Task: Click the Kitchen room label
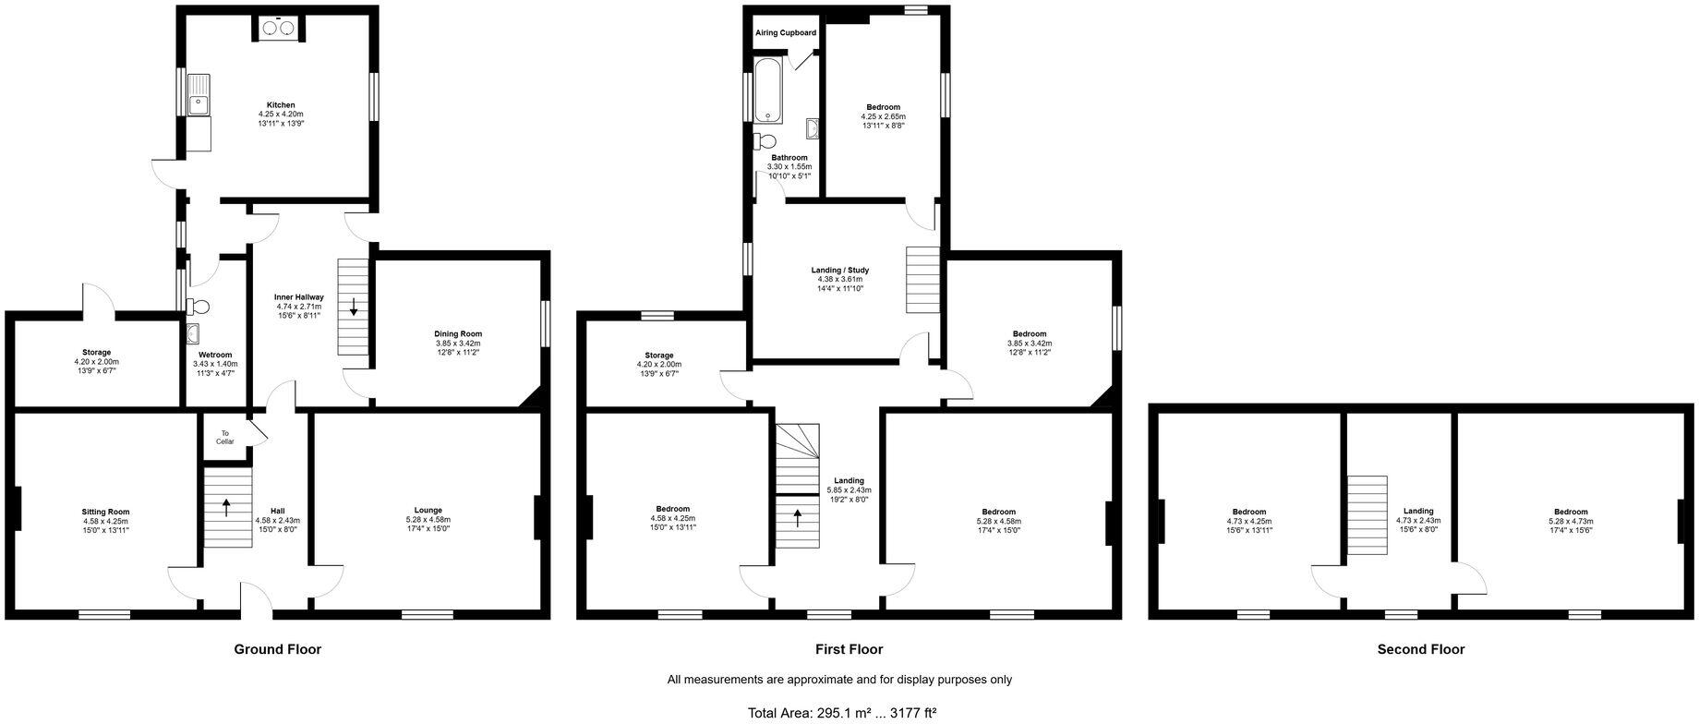pyautogui.click(x=281, y=105)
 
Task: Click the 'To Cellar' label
pyautogui.click(x=225, y=437)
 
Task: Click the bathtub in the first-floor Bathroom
pyautogui.click(x=768, y=90)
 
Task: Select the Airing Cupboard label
pyautogui.click(x=786, y=33)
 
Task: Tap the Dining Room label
pyautogui.click(x=458, y=333)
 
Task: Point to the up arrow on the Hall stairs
pyautogui.click(x=227, y=505)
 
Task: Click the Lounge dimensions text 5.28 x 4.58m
pyautogui.click(x=428, y=520)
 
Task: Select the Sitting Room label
pyautogui.click(x=105, y=512)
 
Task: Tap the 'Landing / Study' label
pyautogui.click(x=839, y=271)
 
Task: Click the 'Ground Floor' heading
pyautogui.click(x=277, y=649)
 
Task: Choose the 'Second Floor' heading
pyautogui.click(x=1420, y=649)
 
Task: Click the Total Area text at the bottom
pyautogui.click(x=841, y=713)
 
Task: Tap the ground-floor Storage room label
pyautogui.click(x=96, y=353)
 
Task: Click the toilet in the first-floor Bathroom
pyautogui.click(x=764, y=141)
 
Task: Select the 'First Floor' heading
pyautogui.click(x=849, y=649)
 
